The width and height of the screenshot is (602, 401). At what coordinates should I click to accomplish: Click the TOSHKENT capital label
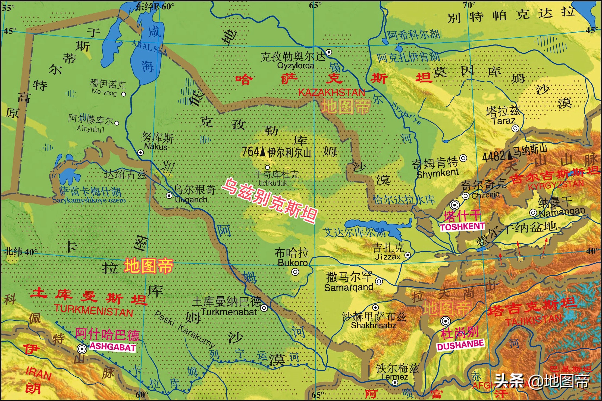(x=462, y=227)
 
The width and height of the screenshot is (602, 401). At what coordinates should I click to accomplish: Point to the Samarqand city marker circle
(x=379, y=281)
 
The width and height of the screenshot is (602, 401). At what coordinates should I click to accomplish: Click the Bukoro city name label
(x=292, y=263)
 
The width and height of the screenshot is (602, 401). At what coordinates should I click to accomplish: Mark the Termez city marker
(x=395, y=383)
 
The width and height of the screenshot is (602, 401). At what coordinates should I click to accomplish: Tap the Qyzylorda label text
(x=295, y=66)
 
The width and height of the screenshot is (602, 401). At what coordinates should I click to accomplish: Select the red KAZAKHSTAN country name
(x=331, y=93)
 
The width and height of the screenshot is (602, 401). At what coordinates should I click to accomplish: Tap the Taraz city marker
(x=515, y=128)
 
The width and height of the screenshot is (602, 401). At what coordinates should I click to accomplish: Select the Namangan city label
(x=562, y=212)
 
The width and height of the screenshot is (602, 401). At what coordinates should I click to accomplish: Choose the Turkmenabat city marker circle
(x=264, y=308)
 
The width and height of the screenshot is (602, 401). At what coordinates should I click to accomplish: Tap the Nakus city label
(x=155, y=147)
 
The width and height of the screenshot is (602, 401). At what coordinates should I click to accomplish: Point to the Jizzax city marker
(x=407, y=255)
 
